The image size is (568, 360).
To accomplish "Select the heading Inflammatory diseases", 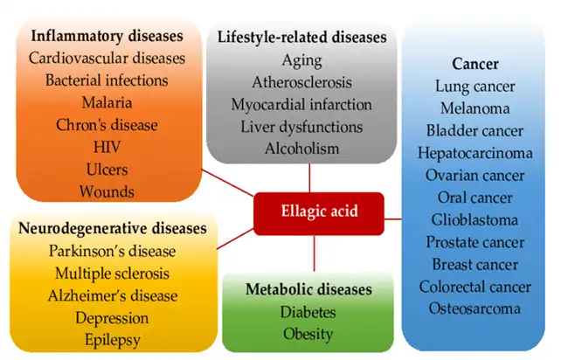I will point(107,37).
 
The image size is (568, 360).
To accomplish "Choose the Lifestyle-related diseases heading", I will point(301,38).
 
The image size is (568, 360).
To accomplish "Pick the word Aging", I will point(301,61).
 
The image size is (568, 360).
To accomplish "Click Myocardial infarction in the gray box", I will point(301,105).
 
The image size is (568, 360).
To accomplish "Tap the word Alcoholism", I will point(301,149).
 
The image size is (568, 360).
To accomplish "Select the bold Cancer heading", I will point(475,64).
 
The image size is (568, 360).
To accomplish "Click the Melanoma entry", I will point(475,108).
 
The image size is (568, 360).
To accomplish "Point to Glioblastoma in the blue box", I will point(475,219).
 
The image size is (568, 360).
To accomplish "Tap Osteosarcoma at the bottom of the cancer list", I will point(475,308).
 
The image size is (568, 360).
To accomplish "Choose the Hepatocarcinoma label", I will point(475,153).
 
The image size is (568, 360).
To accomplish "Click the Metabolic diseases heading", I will point(308,289).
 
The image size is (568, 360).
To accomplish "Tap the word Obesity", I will point(308,333).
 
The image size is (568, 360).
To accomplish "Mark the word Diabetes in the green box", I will point(308,311).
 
